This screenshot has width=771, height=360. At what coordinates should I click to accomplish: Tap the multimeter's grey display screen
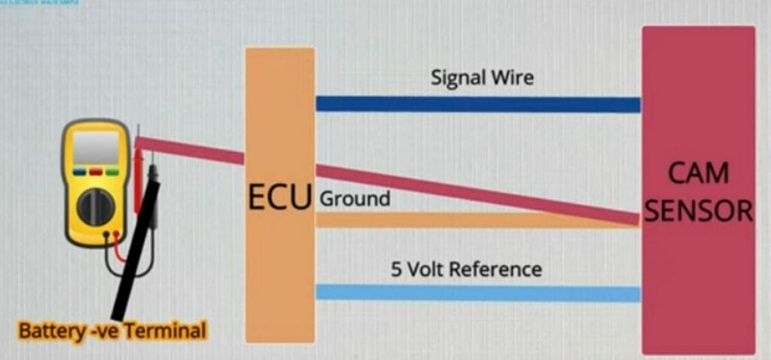pos(96,149)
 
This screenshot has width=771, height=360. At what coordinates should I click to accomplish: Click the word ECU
pos(279,200)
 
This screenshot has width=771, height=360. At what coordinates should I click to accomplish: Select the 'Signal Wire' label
pos(482,78)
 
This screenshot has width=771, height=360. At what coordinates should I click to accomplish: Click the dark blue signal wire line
pos(477,104)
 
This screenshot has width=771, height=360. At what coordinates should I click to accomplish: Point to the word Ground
pos(355,200)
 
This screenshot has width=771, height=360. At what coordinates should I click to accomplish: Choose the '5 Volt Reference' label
pos(466,269)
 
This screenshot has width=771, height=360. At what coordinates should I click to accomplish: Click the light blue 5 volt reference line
pos(477,293)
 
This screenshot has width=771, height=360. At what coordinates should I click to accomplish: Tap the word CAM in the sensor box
pos(698,174)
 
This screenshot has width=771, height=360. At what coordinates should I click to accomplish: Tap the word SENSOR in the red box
pos(698,211)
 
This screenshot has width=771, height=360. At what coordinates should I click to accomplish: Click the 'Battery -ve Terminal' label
pos(111,331)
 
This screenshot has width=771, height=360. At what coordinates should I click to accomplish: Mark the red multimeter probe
pos(138,181)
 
